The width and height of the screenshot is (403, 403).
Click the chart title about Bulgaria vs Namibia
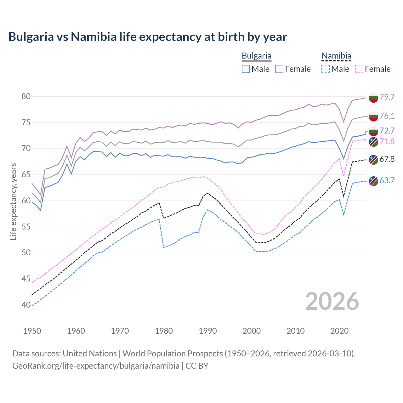pyautogui.click(x=147, y=37)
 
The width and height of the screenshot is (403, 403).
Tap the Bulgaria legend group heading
pyautogui.click(x=256, y=56)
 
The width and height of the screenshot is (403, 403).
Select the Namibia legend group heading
pyautogui.click(x=336, y=56)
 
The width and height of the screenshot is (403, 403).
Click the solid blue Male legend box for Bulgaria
pyautogui.click(x=246, y=69)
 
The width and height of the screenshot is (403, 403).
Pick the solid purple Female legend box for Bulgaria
pyautogui.click(x=279, y=69)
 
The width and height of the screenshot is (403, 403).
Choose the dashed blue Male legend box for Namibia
pyautogui.click(x=326, y=69)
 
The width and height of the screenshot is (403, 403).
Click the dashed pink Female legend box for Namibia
pyautogui.click(x=359, y=69)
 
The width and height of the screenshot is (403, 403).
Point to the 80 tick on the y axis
pyautogui.click(x=26, y=96)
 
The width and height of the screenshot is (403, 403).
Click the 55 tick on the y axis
pyautogui.click(x=26, y=227)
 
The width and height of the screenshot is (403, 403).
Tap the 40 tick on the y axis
pyautogui.click(x=26, y=305)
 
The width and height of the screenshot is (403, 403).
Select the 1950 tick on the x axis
pyautogui.click(x=32, y=331)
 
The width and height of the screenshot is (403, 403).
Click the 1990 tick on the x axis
pyautogui.click(x=208, y=331)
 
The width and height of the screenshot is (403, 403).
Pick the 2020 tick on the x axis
pyautogui.click(x=339, y=331)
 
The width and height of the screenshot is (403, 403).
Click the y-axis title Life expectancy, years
pyautogui.click(x=13, y=201)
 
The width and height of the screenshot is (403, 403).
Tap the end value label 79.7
pyautogui.click(x=387, y=97)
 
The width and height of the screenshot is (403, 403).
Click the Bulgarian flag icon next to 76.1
pyautogui.click(x=373, y=116)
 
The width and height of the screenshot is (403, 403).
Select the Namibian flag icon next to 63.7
pyautogui.click(x=373, y=181)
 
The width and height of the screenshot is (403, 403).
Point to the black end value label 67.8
pyautogui.click(x=387, y=159)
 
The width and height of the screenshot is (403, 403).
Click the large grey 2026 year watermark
pyautogui.click(x=332, y=302)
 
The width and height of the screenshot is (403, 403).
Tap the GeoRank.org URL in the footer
pyautogui.click(x=96, y=366)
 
